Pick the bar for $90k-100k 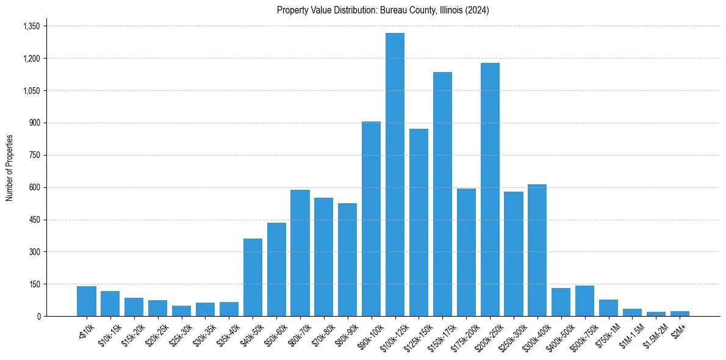point(371,219)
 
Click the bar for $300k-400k point(537,250)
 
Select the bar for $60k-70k point(300,253)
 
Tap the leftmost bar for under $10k point(87,301)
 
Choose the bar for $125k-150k point(419,223)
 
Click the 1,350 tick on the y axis point(31,26)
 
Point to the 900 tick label point(34,123)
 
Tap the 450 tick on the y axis point(34,220)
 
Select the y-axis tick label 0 point(38,316)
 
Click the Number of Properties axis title point(10,168)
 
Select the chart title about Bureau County point(383,10)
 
